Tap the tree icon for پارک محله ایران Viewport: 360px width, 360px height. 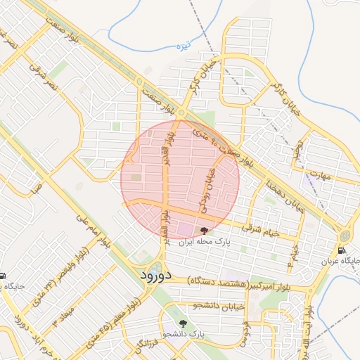point(205,230)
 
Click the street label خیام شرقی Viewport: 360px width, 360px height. point(260,229)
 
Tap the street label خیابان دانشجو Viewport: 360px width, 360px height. point(217,306)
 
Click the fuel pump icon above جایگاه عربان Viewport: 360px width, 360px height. point(341,250)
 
